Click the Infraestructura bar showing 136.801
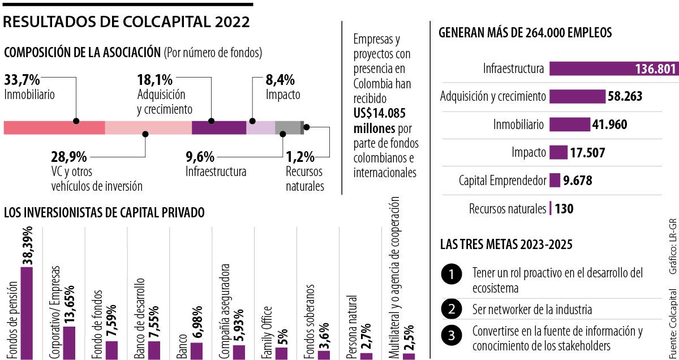point(613,69)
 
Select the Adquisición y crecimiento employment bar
point(577,97)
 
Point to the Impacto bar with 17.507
point(558,152)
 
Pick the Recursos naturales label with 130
point(507,208)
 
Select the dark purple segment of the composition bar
point(219,127)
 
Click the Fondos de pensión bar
point(27,306)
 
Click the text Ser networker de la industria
point(532,310)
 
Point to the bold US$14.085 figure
point(379,113)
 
